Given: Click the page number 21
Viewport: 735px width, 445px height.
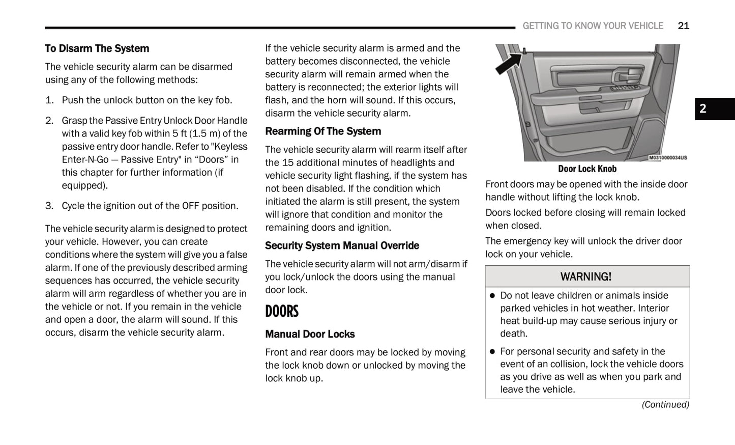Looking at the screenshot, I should [683, 25].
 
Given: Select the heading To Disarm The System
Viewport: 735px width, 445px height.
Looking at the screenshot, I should [97, 48].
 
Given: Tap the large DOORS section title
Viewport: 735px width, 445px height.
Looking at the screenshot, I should [282, 311].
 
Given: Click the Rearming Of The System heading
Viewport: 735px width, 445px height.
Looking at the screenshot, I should [323, 131].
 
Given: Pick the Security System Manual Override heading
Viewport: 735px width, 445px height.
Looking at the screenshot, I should [342, 245].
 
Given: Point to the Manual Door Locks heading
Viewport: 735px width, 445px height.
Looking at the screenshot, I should [310, 334].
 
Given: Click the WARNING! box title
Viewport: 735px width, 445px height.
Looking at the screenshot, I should [586, 276].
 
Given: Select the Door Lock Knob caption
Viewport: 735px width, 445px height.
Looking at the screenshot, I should [587, 169].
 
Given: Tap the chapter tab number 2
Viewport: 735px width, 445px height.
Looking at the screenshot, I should [703, 109].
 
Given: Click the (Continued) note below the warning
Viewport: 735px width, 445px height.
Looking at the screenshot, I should [665, 404].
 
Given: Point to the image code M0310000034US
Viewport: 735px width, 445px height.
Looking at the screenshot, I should [668, 158].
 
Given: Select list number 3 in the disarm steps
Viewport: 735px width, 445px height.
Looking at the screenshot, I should [49, 206].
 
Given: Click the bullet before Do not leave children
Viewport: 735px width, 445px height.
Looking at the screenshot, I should [492, 296].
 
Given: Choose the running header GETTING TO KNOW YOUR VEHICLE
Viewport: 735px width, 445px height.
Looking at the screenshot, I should [593, 25].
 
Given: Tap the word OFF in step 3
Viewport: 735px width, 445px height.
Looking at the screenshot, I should [191, 206].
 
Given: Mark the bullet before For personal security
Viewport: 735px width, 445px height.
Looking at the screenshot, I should [492, 352].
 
